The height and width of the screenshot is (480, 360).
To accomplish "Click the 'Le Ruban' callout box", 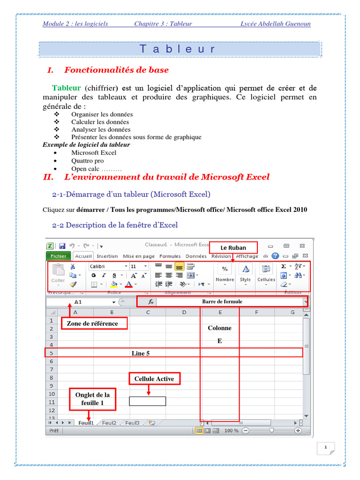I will (x=233, y=248).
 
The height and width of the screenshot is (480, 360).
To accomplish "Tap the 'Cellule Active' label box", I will (x=154, y=379).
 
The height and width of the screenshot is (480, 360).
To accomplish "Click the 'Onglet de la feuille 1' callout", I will (x=93, y=399).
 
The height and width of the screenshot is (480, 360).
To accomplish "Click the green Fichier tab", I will (x=59, y=256).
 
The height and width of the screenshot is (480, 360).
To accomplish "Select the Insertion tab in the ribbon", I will (x=107, y=256).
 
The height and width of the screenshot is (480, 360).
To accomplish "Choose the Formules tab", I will (x=170, y=256).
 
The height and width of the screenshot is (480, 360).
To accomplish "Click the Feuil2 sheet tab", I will (x=109, y=422).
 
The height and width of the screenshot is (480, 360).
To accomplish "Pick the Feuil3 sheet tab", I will (x=132, y=422).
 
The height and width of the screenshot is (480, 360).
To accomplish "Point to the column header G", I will (x=292, y=312).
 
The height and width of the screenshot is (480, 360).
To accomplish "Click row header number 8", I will (x=51, y=377).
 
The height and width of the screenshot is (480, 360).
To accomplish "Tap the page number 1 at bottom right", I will (x=325, y=448).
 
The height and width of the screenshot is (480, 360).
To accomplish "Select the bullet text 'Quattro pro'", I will (x=88, y=161).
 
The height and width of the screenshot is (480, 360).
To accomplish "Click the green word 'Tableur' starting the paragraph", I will (x=67, y=88).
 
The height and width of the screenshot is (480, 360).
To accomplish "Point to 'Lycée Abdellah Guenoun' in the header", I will (x=275, y=24).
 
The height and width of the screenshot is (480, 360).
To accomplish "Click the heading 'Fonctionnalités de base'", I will (x=116, y=70).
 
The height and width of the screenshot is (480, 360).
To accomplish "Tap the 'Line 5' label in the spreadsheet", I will (x=141, y=353).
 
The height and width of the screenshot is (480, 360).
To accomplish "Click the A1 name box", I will (x=78, y=302).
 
